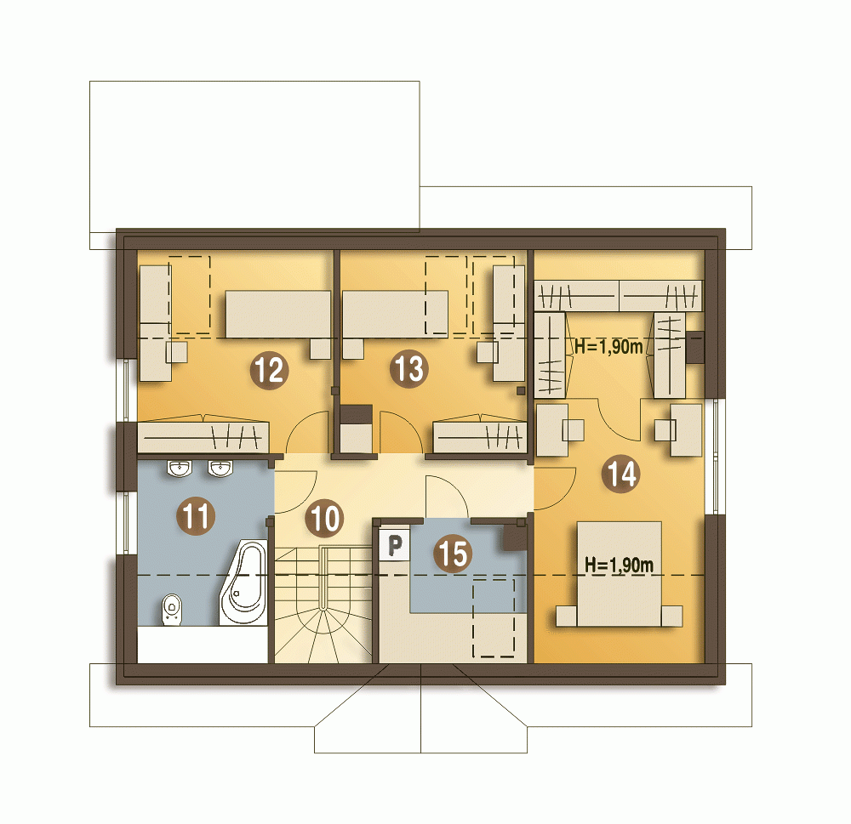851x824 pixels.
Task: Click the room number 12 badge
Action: [269, 370]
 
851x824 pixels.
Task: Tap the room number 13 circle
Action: [408, 369]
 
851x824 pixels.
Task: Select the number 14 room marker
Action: [621, 474]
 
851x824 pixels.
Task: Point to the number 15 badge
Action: [453, 554]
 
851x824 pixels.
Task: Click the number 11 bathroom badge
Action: [196, 515]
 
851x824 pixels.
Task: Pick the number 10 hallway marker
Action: [324, 518]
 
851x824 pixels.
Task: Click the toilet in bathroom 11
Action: [172, 610]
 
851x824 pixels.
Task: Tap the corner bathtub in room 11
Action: [244, 582]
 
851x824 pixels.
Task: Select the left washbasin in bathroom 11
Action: [179, 468]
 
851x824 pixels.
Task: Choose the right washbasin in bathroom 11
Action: [220, 468]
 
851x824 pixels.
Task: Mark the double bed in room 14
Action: [620, 574]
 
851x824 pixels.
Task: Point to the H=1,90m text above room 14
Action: [608, 347]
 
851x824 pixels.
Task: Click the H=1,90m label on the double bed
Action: [619, 565]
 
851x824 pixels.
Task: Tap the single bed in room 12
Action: [278, 314]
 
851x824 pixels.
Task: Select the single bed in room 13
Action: [395, 314]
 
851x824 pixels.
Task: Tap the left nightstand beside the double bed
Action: [567, 617]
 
